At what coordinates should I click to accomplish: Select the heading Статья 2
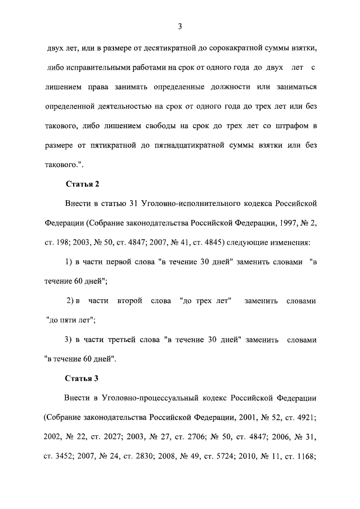click(83, 184)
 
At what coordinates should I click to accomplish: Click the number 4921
click(304, 417)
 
